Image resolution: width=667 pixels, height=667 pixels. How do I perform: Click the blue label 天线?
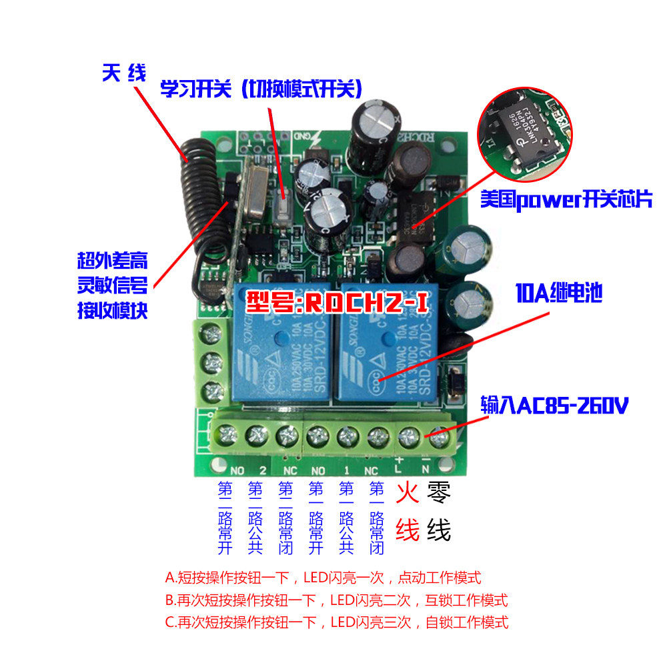click(123, 73)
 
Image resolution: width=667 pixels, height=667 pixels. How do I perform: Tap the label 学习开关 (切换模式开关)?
click(261, 89)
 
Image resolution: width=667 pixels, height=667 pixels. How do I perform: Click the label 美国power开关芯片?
click(566, 199)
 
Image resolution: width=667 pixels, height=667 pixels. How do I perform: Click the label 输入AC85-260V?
click(554, 405)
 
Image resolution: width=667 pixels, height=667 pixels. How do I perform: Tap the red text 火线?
click(407, 512)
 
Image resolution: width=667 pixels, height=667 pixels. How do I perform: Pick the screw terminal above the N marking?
click(438, 438)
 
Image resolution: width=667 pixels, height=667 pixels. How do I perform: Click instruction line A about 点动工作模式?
click(323, 577)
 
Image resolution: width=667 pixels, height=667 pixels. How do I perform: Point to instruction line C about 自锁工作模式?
click(336, 622)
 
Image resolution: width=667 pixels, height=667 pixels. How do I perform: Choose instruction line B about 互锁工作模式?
click(336, 600)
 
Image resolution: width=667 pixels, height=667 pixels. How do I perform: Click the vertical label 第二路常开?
click(225, 519)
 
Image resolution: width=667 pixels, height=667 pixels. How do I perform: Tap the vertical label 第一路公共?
click(346, 519)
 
